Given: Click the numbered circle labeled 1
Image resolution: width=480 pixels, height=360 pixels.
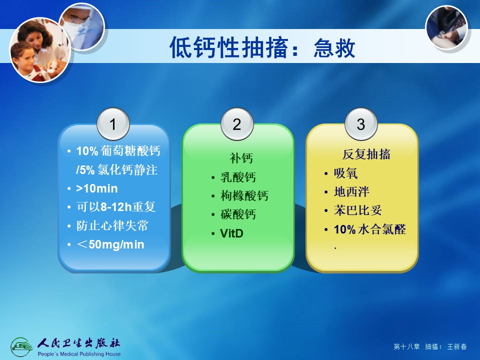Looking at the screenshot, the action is coord(113,124).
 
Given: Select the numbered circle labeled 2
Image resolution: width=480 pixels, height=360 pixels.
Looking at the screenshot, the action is coord(237,124).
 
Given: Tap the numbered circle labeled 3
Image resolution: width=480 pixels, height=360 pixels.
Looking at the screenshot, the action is coord(361,124).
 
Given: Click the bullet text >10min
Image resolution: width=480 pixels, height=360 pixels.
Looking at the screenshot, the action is coord(96,188).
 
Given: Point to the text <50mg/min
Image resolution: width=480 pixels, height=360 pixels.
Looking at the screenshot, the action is coord(110,244).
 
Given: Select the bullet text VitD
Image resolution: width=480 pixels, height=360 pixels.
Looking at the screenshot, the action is coord(231,233).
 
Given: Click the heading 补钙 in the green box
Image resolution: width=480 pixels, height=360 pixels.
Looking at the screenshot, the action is coord(241,158).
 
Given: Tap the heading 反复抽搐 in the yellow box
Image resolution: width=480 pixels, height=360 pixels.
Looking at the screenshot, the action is coord(366,154).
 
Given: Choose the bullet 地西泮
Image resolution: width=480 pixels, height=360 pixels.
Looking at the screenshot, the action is coord(351,192).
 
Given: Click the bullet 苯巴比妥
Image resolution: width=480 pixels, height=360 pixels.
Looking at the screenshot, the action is coord(358,210).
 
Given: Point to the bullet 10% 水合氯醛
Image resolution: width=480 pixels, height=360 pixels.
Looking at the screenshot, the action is coord(370,229).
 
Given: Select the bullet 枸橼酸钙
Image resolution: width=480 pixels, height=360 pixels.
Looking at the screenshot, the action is coord(244,196).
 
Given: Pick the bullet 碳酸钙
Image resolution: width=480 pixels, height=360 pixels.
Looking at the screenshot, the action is coord(238,214).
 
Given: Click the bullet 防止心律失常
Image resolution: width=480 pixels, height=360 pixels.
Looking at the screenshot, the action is coord(112,225).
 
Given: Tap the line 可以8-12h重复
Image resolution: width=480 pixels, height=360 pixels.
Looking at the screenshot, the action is coord(116,207).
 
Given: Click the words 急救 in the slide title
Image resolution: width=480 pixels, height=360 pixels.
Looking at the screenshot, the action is coord(334,48).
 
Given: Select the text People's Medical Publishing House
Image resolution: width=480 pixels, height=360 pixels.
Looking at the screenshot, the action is coord(79,354).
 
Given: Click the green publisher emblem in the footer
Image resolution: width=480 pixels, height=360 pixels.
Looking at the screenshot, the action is coord(21,347).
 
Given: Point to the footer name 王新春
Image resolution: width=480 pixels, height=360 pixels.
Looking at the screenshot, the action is coord(457,346).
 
